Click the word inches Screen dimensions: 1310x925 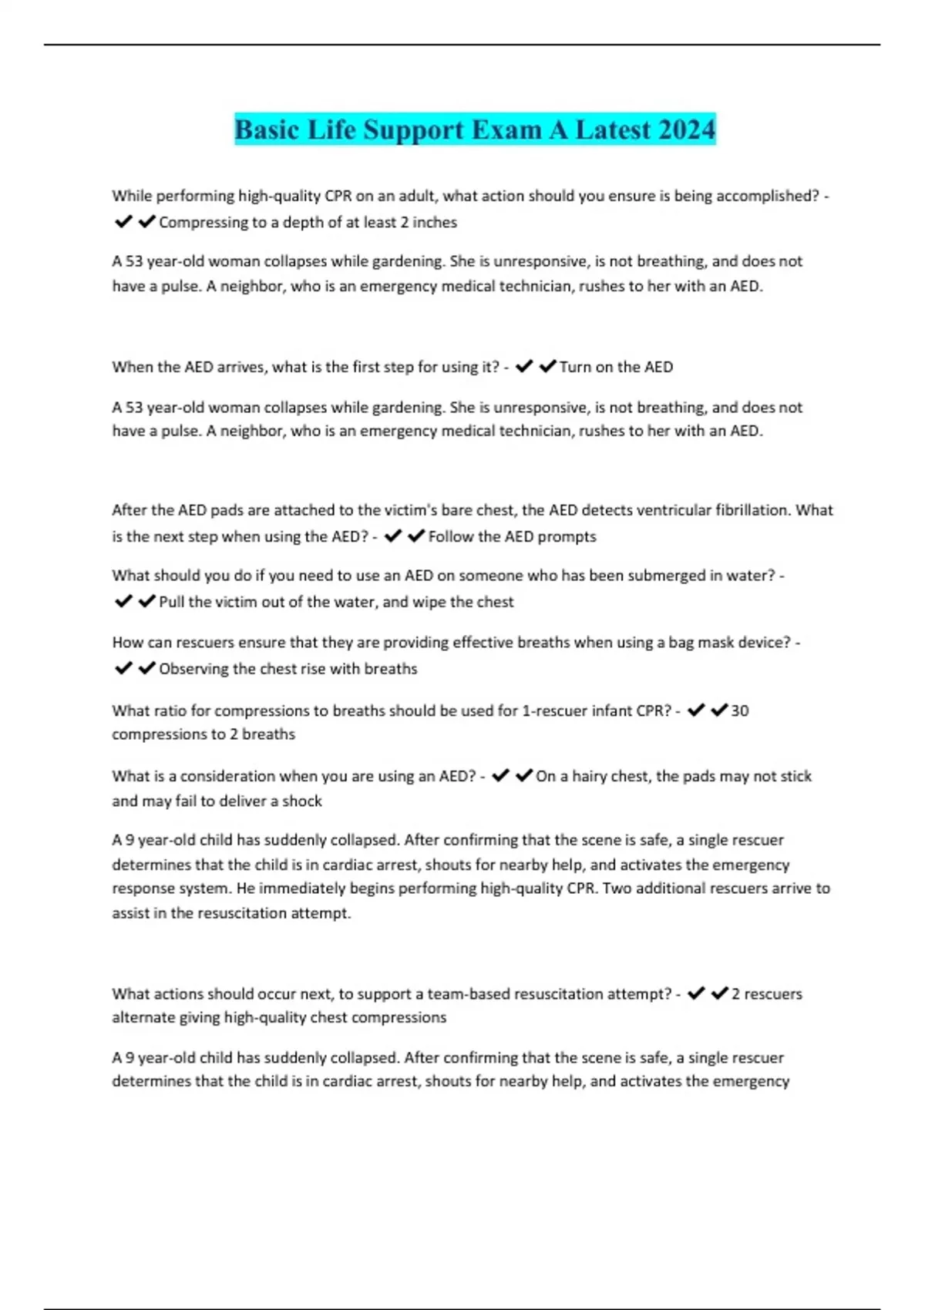click(435, 223)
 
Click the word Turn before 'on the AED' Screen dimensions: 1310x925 click(575, 368)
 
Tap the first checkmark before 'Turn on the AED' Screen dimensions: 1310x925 click(524, 367)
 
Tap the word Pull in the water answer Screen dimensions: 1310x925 click(172, 602)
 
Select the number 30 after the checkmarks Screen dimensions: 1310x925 click(739, 710)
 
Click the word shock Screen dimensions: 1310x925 click(302, 801)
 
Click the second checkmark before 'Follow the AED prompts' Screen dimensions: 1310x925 click(416, 536)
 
